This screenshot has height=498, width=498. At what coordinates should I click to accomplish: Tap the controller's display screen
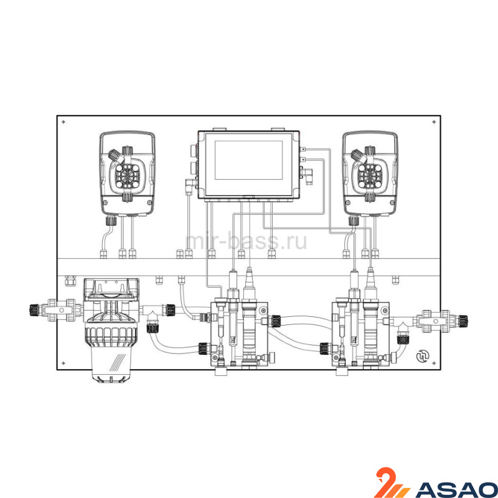tap(248, 161)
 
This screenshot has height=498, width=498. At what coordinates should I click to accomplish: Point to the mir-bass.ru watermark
tap(246, 241)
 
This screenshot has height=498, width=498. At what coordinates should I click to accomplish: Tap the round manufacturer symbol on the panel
tap(423, 356)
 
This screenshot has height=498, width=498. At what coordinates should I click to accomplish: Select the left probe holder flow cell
tap(239, 334)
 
